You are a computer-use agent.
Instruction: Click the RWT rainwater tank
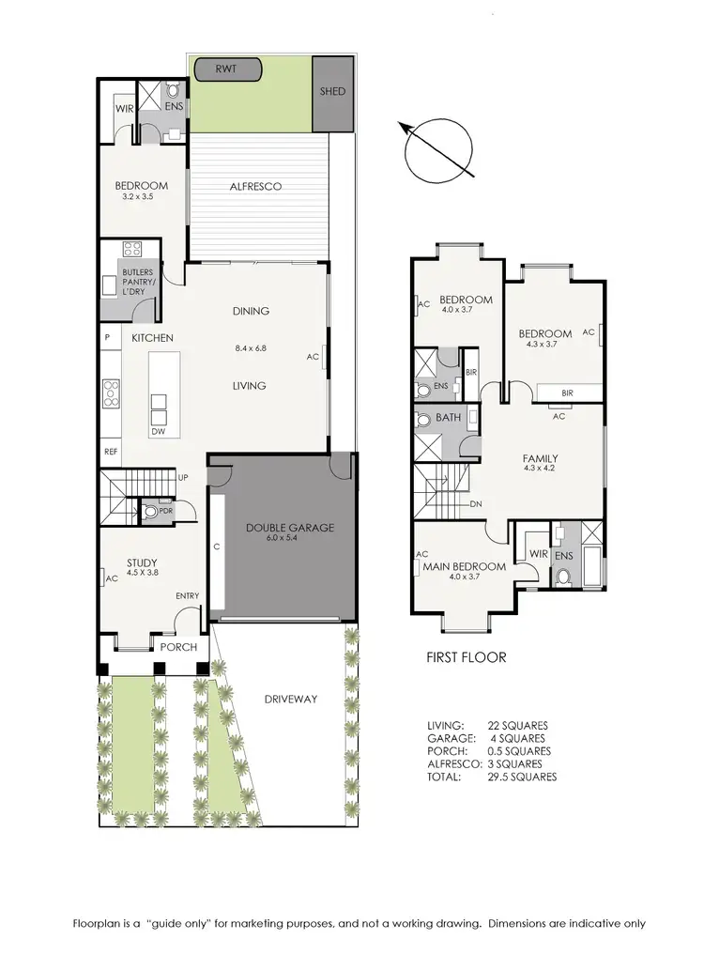(226, 69)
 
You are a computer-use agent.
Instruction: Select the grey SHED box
(332, 92)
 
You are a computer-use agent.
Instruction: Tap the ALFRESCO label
(255, 187)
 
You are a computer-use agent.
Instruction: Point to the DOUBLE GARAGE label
(290, 529)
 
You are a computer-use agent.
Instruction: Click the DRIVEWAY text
(290, 699)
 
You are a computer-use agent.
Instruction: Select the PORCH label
(177, 647)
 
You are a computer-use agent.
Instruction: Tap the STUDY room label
(142, 563)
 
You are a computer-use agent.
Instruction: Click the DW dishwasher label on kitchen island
(158, 432)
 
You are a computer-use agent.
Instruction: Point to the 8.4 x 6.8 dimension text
(251, 348)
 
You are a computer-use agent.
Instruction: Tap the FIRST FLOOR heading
(466, 657)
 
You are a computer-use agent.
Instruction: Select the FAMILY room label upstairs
(541, 459)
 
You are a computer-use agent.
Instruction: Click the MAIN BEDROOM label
(464, 566)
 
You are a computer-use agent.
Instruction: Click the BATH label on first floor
(448, 417)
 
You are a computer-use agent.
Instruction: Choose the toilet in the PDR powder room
(150, 513)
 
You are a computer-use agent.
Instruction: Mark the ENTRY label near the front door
(187, 596)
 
